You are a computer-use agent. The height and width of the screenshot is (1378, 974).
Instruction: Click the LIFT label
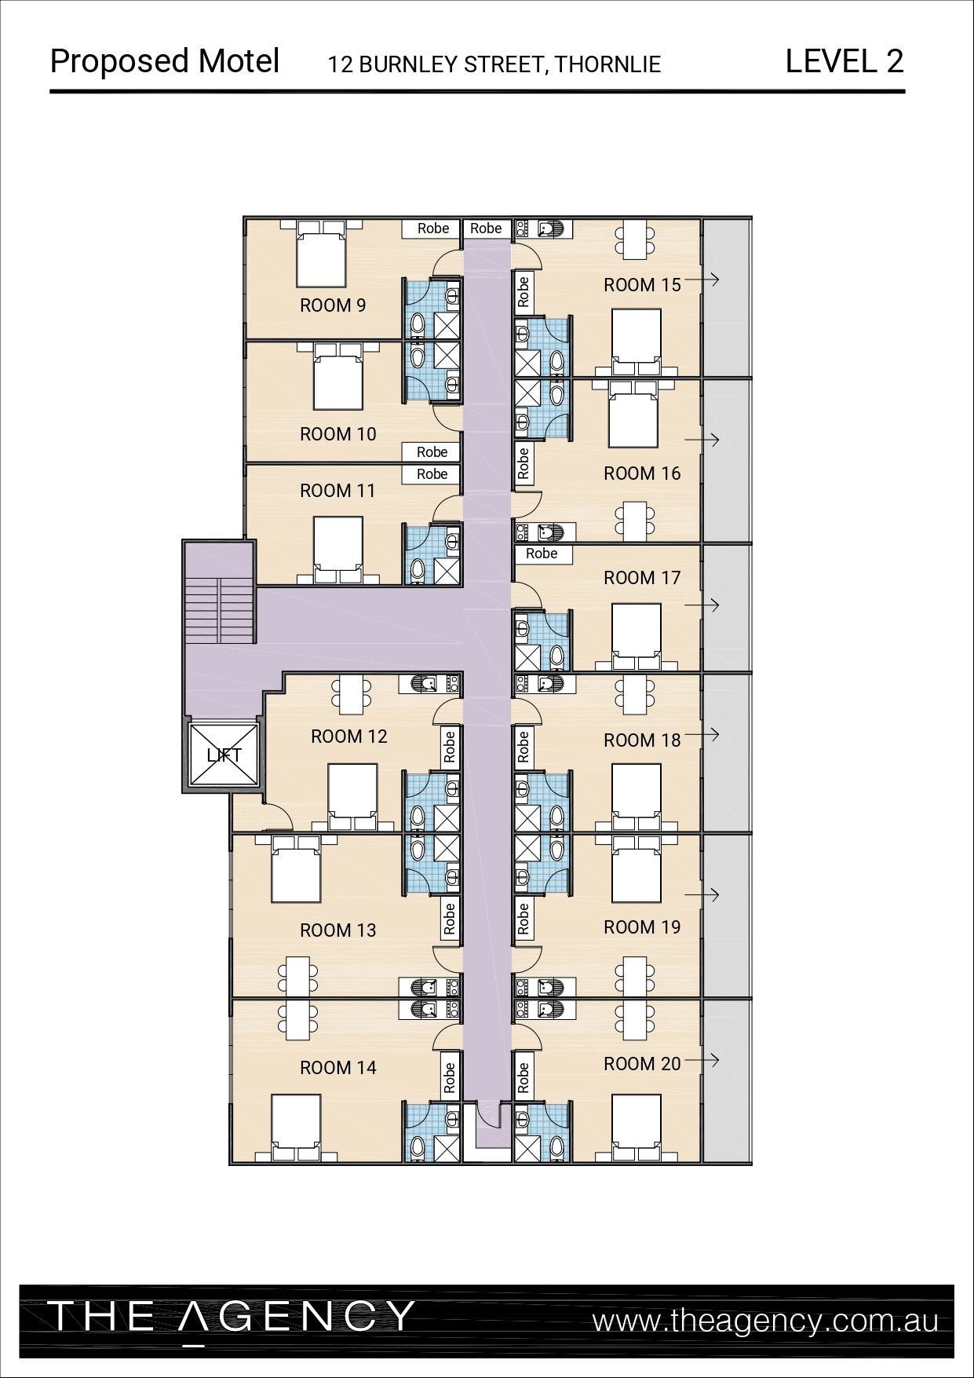click(224, 755)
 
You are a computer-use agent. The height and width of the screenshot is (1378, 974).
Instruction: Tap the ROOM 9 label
click(333, 305)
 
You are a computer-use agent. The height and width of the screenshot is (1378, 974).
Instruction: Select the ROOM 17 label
click(642, 578)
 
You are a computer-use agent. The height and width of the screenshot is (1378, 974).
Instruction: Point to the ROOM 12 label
click(349, 737)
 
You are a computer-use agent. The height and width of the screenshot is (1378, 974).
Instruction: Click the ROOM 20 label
click(642, 1064)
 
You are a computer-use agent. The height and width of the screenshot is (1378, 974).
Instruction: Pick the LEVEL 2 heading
click(844, 61)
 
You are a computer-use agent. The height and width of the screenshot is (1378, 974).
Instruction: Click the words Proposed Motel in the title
click(165, 61)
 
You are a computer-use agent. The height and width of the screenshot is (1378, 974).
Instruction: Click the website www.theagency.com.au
click(765, 1321)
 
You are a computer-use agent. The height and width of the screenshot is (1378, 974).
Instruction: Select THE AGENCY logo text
click(231, 1317)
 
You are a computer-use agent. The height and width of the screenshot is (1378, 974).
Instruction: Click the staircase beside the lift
click(220, 611)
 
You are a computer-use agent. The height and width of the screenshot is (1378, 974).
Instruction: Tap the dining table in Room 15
click(636, 239)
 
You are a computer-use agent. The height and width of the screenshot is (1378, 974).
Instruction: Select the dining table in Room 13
click(297, 977)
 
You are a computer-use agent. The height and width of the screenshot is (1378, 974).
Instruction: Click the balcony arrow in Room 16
click(702, 440)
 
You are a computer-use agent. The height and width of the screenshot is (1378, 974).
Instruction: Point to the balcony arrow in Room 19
click(702, 894)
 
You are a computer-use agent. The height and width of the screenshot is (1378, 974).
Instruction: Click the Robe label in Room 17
click(542, 554)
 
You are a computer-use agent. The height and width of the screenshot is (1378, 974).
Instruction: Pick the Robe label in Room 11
click(432, 474)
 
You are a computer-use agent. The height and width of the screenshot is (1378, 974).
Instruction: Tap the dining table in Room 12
click(352, 694)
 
